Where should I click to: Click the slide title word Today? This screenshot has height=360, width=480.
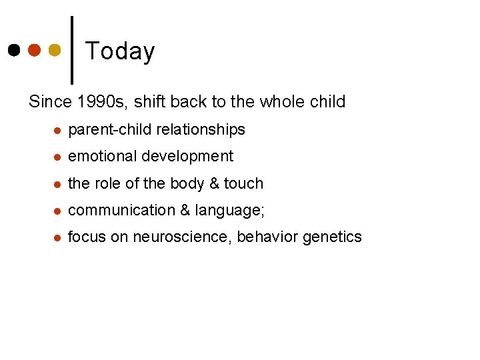(120, 51)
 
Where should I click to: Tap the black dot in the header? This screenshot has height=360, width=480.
(14, 50)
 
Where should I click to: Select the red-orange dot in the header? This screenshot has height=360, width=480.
(35, 50)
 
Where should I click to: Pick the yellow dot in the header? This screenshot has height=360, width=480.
(55, 50)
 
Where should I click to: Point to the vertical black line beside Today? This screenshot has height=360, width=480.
(71, 49)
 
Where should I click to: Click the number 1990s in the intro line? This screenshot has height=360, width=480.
(104, 102)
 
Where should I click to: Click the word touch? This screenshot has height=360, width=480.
(243, 183)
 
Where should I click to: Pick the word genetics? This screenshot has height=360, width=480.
(333, 237)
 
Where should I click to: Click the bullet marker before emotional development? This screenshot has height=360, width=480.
(57, 157)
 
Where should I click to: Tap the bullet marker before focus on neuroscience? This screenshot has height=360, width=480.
(57, 237)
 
